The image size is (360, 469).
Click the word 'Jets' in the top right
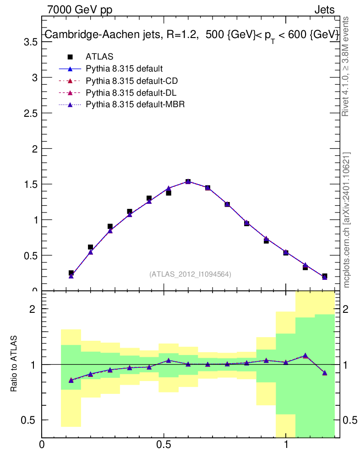point(324,10)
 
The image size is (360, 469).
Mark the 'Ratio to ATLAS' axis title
point(14,364)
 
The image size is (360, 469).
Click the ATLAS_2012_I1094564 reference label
point(190,274)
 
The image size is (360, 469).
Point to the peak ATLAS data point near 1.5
point(188,182)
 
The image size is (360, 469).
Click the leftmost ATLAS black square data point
point(71,273)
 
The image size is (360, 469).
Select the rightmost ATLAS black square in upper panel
point(324,276)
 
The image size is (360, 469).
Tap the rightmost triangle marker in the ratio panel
point(324,373)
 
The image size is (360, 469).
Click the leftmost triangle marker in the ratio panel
point(71,380)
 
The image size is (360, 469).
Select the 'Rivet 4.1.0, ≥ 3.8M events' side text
point(346,66)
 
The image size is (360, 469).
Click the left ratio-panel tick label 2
point(33,309)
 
